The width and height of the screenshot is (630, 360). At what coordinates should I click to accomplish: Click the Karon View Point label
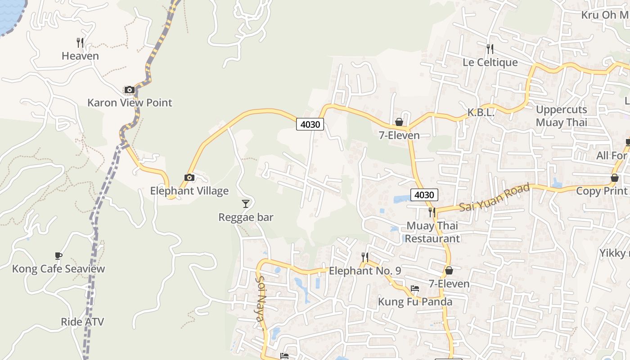pos(130,103)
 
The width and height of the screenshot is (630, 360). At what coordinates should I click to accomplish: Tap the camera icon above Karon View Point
pos(130,90)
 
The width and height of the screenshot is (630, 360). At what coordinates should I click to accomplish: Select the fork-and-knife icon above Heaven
pos(80,43)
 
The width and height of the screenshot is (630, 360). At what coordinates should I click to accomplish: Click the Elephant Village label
pos(189,191)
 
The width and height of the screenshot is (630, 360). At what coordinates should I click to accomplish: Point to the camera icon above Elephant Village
pos(189,178)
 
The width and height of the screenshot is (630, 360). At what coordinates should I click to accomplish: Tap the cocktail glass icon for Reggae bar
pos(246,204)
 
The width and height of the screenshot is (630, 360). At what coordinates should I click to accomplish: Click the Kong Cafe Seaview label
pos(58,269)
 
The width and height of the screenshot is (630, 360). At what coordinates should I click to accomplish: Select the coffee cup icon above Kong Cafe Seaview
pos(58,256)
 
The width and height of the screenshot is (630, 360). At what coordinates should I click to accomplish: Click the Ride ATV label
pos(82,322)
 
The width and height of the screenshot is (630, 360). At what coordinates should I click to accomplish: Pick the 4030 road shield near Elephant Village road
pos(310,124)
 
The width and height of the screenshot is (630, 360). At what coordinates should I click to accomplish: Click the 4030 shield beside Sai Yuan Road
pos(424,195)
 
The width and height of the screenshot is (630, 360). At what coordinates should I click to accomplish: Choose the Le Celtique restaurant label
pos(490,62)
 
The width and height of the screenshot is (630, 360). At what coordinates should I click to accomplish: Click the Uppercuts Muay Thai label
pos(561,116)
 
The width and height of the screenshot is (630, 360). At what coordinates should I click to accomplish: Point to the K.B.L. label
pos(481,113)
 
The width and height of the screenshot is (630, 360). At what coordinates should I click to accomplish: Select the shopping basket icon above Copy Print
pos(614,178)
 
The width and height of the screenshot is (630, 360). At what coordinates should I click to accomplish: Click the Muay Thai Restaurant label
pos(432,232)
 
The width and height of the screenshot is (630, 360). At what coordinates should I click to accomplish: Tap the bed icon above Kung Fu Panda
pos(415,288)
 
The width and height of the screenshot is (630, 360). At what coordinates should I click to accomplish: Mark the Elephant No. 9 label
pos(365,271)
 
